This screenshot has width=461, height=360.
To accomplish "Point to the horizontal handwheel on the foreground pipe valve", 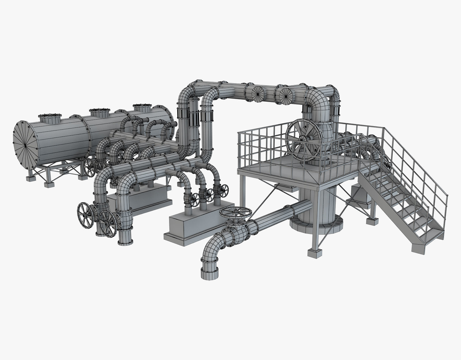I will pyautogui.click(x=235, y=213).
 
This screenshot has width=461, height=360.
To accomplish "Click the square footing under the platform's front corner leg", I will pyautogui.click(x=315, y=253).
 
